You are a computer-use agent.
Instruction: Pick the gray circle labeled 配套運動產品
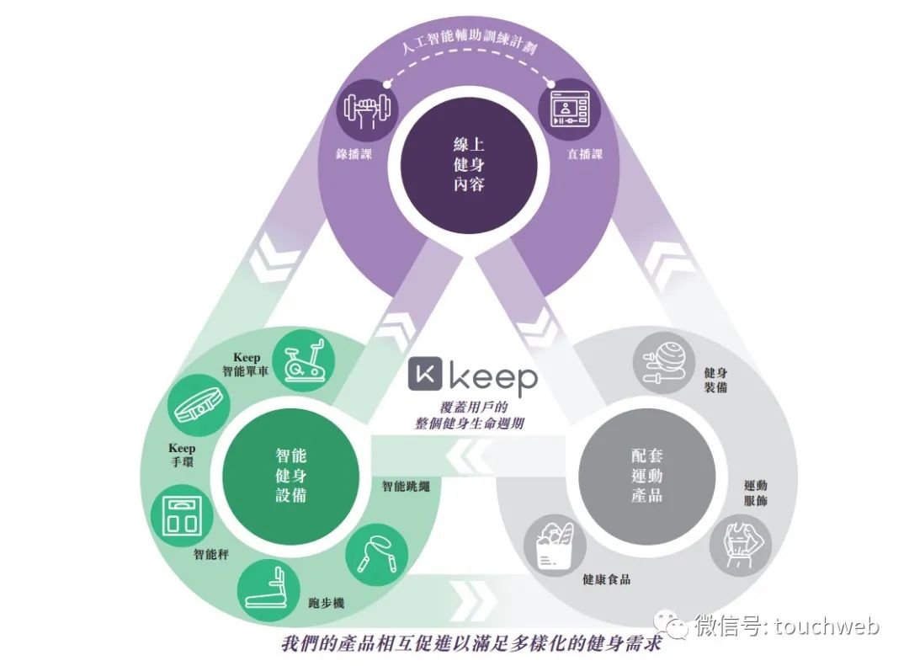pos(646,475)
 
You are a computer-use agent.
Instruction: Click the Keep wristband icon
pos(196,405)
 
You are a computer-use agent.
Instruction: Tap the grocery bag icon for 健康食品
pos(550,544)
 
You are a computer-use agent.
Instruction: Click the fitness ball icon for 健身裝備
pos(662,360)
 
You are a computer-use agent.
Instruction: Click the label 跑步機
pos(327,604)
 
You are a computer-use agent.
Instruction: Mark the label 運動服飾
pos(755,493)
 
